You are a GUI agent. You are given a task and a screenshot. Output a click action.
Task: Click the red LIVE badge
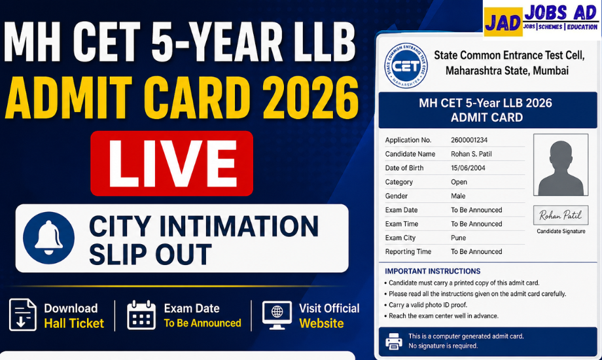[171, 163]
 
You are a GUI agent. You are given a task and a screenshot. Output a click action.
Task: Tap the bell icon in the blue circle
[48, 238]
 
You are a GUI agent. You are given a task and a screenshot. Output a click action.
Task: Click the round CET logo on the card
[406, 65]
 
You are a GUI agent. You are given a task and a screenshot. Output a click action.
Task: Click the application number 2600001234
[469, 140]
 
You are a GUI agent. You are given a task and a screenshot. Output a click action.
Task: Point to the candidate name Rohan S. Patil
[471, 154]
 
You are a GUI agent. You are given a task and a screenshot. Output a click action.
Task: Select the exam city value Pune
[458, 238]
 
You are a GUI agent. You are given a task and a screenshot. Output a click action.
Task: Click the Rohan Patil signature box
[561, 215]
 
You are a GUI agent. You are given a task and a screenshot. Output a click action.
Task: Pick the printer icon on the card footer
[394, 341]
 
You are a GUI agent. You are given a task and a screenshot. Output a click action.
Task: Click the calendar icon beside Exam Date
[141, 315]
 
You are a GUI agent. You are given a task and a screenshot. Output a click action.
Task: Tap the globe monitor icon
[277, 315]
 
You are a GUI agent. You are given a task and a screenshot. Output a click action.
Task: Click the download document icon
[23, 315]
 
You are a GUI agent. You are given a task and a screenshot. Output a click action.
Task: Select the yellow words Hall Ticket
[74, 323]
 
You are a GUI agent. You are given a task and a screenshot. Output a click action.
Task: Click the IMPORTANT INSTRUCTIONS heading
[433, 271]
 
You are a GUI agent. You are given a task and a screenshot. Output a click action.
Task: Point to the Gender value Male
[458, 196]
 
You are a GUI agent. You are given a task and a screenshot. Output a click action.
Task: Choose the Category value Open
[459, 182]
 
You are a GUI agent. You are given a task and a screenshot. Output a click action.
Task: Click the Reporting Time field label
[408, 251]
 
